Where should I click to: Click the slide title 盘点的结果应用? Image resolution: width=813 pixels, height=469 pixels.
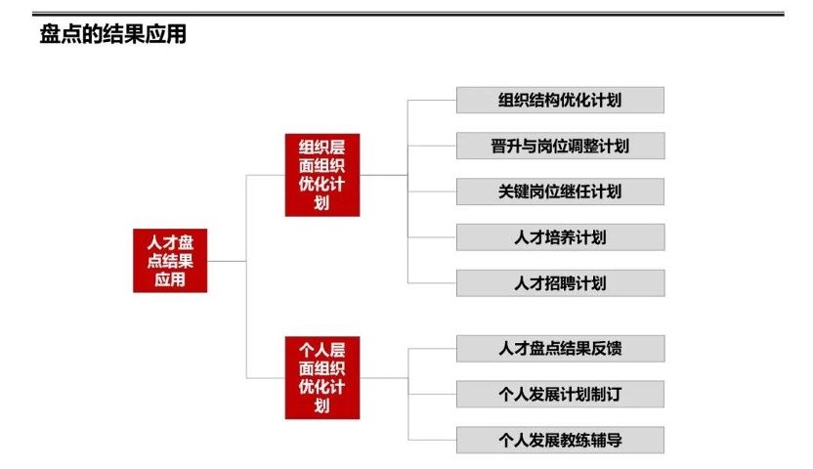(112, 36)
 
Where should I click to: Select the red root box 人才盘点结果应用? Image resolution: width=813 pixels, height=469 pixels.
(170, 261)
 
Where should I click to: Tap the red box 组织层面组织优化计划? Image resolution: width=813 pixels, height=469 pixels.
(321, 175)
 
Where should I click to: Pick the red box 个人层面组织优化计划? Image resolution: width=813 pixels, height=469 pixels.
(321, 377)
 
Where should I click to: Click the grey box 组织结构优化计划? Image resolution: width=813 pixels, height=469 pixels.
(560, 100)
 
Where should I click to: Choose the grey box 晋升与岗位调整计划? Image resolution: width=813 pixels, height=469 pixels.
(560, 147)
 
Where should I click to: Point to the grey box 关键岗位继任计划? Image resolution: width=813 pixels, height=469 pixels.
(560, 192)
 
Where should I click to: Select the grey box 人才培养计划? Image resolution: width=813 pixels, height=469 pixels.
(560, 237)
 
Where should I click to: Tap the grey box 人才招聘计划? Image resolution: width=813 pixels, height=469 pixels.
(560, 283)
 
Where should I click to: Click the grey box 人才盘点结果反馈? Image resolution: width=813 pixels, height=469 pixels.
(560, 349)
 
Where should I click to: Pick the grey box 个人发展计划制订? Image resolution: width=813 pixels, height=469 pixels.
(560, 394)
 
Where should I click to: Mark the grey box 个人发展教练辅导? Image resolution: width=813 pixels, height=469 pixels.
(560, 440)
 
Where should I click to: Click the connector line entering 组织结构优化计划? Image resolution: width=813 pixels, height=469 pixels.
(432, 100)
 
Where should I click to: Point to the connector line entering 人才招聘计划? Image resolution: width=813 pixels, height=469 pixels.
(432, 283)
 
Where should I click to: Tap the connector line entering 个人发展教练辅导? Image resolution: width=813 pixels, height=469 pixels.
(432, 440)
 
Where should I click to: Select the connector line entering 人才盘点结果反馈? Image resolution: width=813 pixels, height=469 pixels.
(432, 349)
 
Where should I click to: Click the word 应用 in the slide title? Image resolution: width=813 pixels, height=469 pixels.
(167, 36)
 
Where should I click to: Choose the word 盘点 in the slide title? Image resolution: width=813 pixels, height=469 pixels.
(58, 36)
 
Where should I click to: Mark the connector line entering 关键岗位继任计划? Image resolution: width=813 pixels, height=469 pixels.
(432, 192)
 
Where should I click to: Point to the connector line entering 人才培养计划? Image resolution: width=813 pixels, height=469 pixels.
(432, 237)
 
